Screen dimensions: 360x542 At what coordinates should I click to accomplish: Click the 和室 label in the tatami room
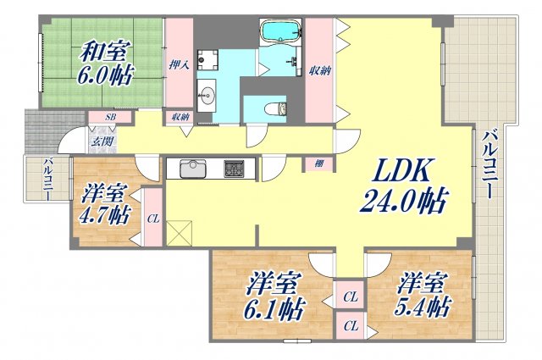(x=105, y=52)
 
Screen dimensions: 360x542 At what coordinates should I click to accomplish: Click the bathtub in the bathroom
(x=280, y=32)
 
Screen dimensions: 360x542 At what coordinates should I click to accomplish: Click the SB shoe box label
(x=111, y=117)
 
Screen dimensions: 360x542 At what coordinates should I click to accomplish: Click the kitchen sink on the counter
(x=192, y=167)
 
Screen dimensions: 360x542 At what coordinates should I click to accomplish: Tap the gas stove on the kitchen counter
(x=234, y=168)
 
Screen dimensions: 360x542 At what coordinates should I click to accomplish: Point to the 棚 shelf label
(x=317, y=163)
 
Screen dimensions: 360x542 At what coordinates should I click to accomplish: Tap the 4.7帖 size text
(x=104, y=215)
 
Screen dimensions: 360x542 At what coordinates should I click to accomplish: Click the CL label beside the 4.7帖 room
(x=152, y=218)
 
